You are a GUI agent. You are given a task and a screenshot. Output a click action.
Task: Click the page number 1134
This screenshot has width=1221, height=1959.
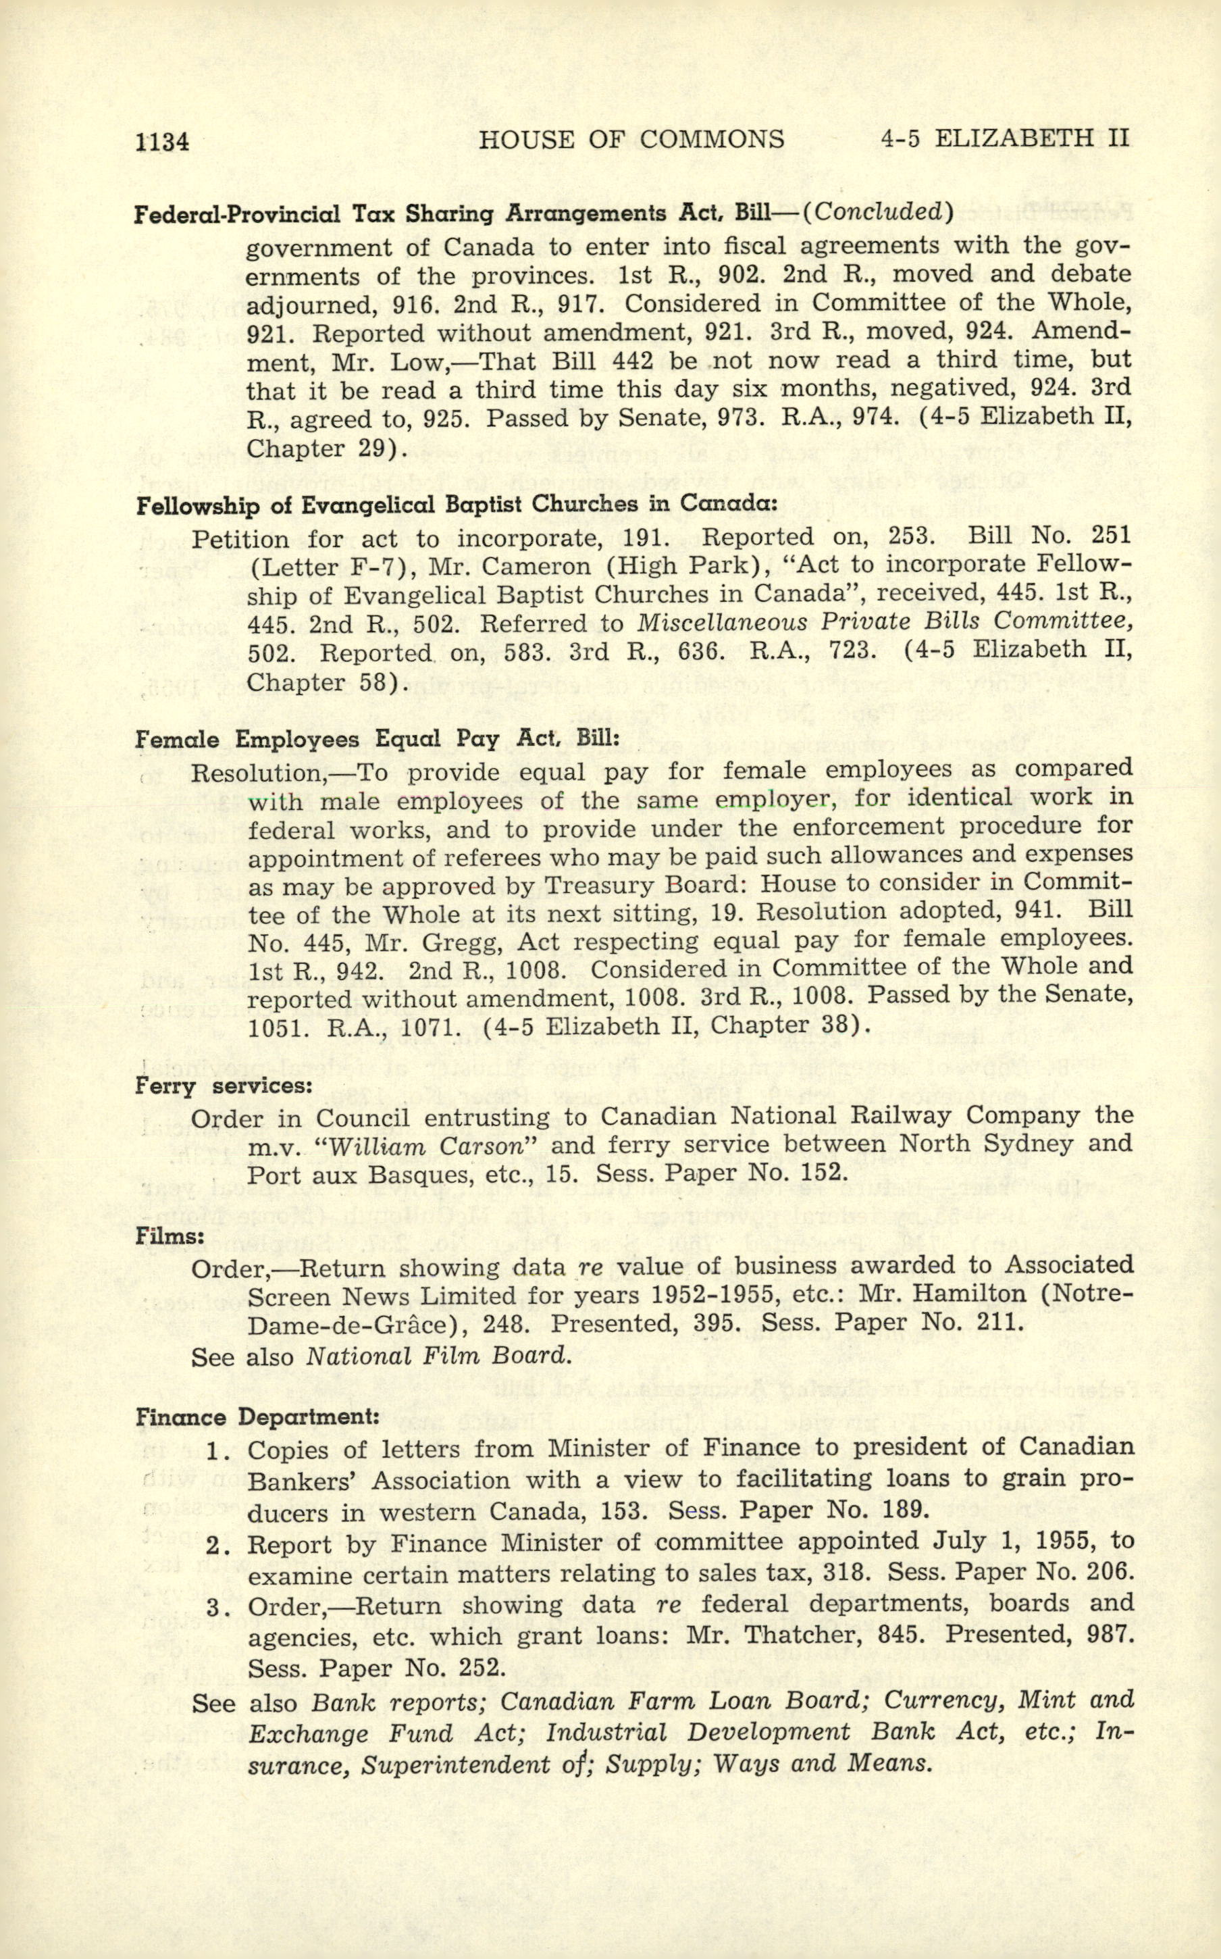162,142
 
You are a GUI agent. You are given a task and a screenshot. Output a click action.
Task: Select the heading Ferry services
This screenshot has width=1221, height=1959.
223,1086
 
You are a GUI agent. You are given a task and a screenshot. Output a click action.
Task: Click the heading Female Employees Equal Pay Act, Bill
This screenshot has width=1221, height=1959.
377,740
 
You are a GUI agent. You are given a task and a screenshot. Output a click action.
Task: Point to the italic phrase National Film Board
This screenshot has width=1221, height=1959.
438,1356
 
